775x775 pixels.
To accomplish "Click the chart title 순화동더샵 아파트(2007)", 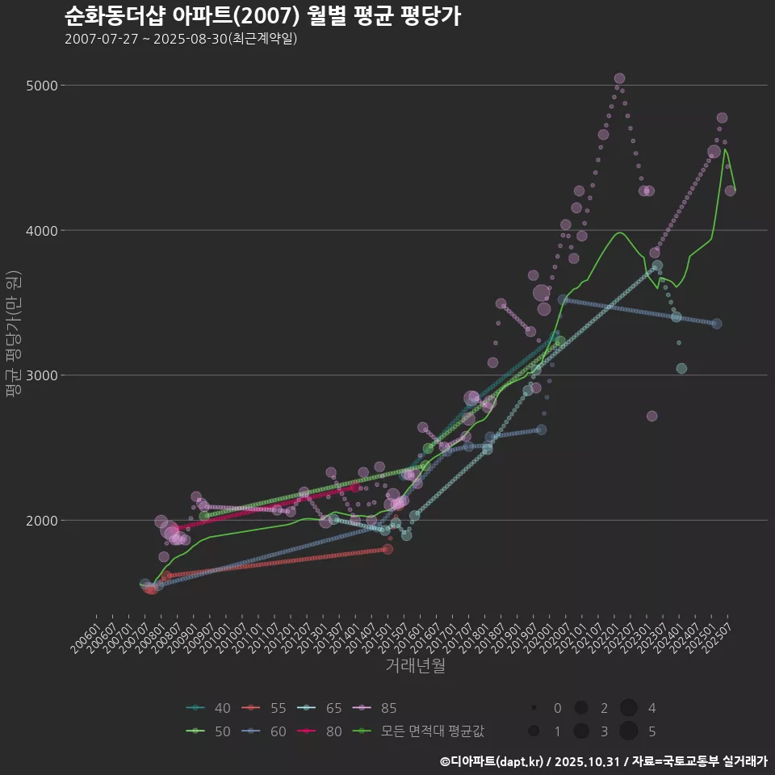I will tap(262, 15).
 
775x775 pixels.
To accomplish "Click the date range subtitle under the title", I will tap(181, 39).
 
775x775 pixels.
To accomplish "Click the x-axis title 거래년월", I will tap(416, 665).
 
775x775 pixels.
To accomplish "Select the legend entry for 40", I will tap(208, 709).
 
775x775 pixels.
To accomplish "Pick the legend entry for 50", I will tap(208, 731).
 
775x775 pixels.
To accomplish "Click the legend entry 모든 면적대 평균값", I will tap(420, 731).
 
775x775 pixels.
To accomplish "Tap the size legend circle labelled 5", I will tap(630, 731).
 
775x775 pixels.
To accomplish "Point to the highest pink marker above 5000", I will tap(619, 78).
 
